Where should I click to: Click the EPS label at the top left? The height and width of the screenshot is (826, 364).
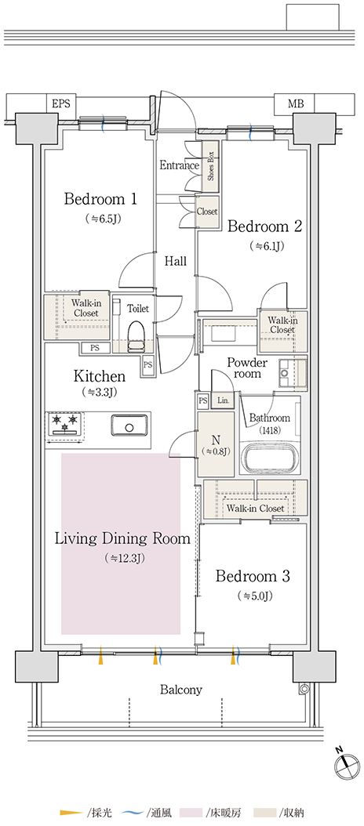[60, 103]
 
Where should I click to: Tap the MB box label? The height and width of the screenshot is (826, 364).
[296, 103]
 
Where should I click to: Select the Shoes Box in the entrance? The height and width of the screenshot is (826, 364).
[211, 168]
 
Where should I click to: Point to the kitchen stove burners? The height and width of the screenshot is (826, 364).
[65, 424]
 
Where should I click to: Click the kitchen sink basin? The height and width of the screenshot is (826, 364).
[129, 425]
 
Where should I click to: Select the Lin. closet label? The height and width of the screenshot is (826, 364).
[223, 401]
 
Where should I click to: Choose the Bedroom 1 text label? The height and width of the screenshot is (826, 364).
[100, 199]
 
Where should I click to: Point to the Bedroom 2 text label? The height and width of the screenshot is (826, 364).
[264, 226]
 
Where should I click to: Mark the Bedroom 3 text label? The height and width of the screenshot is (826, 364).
[253, 576]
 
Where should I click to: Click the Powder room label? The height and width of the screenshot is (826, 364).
[247, 368]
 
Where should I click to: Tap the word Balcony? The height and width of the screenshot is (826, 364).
[181, 690]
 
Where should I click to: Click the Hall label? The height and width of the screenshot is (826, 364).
[175, 261]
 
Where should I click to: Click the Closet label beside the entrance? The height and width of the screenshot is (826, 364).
[207, 212]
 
